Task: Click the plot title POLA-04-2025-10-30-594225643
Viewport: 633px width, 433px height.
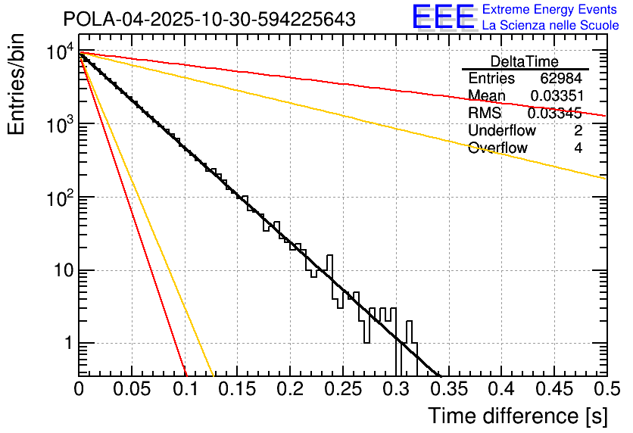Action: [x=210, y=19]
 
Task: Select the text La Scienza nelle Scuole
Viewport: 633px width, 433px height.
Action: [x=550, y=26]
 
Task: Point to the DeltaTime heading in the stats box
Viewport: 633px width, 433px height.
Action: [x=524, y=61]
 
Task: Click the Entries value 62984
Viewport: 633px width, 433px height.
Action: [x=561, y=79]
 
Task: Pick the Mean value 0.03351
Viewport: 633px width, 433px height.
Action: [x=556, y=96]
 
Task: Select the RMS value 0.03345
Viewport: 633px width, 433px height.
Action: [x=554, y=114]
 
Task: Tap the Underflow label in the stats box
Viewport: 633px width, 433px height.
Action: [x=501, y=131]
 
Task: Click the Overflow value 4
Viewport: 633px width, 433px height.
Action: [x=578, y=148]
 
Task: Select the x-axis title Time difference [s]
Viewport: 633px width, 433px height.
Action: [x=517, y=416]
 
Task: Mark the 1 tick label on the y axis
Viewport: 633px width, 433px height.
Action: [x=67, y=344]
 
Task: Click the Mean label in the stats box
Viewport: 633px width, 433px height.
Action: [x=487, y=96]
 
